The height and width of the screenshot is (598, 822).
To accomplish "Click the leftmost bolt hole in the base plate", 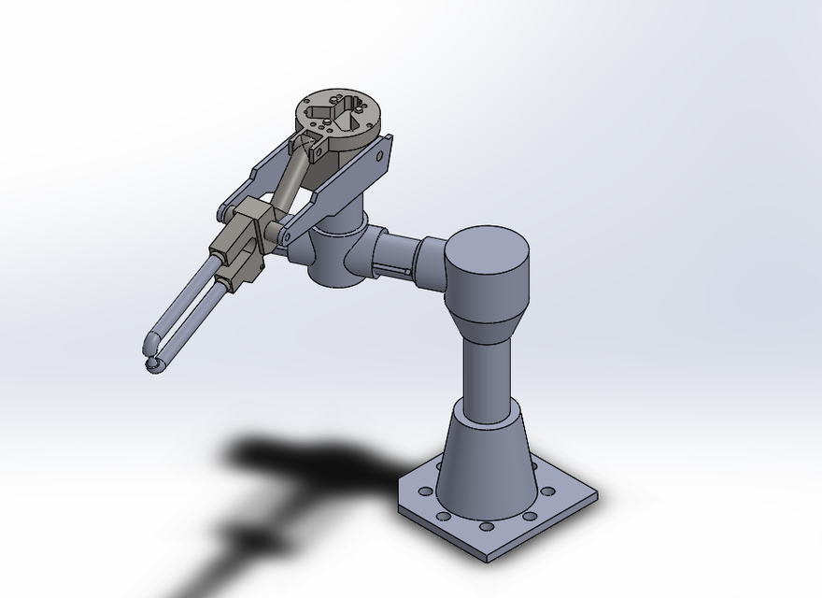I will [426, 491].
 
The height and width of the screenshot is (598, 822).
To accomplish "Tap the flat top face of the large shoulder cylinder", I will [487, 253].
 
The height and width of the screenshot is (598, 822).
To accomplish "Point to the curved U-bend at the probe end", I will [157, 346].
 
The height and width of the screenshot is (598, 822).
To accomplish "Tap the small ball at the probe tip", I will [149, 363].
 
